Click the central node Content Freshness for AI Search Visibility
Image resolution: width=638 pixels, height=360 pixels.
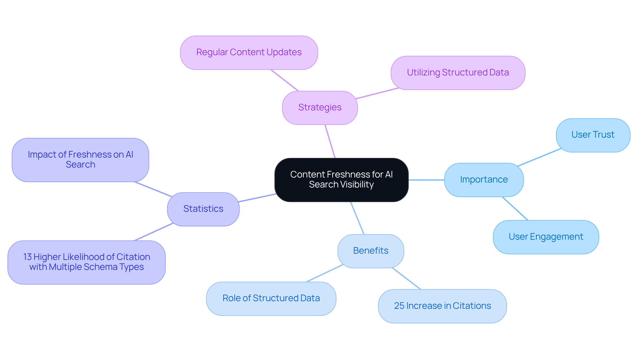click(x=341, y=180)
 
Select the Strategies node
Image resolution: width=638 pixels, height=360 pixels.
click(x=320, y=108)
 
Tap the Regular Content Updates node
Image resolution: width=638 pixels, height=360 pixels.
click(x=249, y=53)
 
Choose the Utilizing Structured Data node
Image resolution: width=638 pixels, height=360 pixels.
click(x=458, y=73)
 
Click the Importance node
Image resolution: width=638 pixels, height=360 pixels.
click(x=484, y=180)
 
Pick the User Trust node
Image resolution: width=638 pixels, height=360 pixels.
click(x=593, y=135)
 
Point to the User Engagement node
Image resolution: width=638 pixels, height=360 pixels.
click(x=546, y=237)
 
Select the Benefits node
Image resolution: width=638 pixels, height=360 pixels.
click(x=371, y=251)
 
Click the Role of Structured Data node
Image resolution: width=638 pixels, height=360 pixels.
click(x=271, y=299)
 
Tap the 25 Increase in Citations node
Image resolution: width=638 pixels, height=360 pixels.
click(x=442, y=306)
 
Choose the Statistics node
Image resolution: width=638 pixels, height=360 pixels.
click(x=203, y=209)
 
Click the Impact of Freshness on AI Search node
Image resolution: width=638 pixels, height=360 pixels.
click(x=80, y=160)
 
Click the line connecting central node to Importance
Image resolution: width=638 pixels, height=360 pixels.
click(x=426, y=180)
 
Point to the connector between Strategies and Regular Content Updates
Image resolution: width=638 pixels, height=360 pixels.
click(x=284, y=80)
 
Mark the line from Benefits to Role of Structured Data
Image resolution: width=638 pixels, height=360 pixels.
click(x=324, y=273)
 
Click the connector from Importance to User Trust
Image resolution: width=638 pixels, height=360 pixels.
click(x=539, y=157)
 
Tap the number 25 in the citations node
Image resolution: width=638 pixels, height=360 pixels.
click(x=399, y=306)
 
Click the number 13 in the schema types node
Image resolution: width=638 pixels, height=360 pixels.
click(x=27, y=257)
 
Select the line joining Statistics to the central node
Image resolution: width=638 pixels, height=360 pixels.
click(x=257, y=198)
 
